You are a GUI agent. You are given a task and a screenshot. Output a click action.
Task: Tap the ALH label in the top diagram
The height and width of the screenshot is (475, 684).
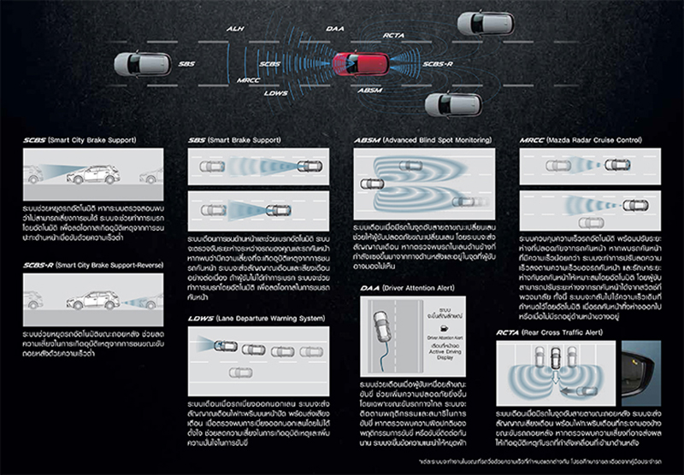click(x=235, y=29)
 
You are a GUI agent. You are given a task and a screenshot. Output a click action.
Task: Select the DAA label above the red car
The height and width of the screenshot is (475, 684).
click(x=335, y=28)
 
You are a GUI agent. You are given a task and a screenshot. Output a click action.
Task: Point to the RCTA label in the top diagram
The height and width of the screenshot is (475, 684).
click(x=394, y=37)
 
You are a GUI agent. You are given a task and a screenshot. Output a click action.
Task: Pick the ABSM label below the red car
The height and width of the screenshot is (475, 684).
click(x=370, y=90)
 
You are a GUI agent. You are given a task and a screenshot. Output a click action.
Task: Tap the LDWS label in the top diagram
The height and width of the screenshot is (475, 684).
click(x=276, y=92)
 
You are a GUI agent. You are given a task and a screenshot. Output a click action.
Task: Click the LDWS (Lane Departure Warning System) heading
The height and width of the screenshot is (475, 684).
click(x=256, y=318)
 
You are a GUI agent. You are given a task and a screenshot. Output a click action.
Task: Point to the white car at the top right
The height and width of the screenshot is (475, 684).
click(x=485, y=23)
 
